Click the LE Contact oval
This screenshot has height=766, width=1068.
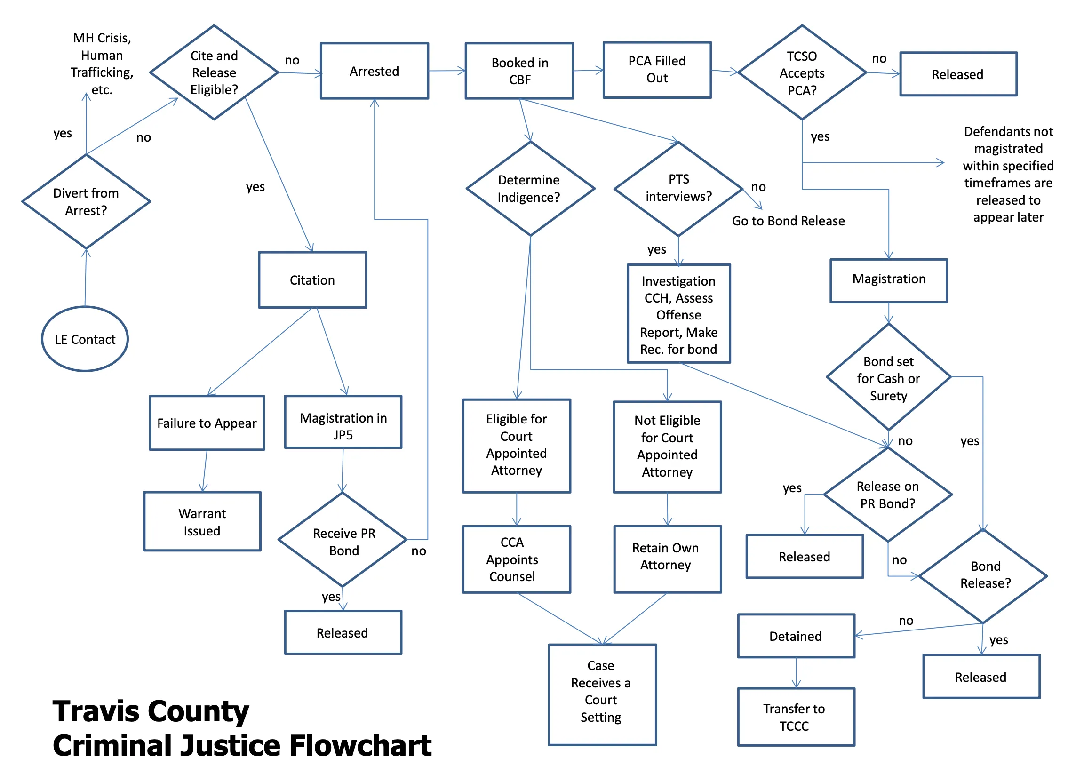pos(85,339)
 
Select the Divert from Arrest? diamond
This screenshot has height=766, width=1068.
pos(86,201)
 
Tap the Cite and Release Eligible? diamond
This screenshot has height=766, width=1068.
pos(214,72)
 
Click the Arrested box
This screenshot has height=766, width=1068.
pos(375,71)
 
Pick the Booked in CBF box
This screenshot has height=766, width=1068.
pos(519,71)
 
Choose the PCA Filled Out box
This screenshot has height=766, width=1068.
pos(657,70)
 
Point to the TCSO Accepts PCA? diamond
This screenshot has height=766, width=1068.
pos(802,73)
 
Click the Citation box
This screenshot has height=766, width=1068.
pos(312,280)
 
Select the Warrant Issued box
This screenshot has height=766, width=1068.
pos(202,522)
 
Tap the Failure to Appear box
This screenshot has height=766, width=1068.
pos(207,423)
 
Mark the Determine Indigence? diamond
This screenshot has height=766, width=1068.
pos(530,188)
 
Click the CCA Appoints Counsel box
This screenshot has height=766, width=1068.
pos(517,559)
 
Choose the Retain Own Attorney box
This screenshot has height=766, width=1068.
pos(667,559)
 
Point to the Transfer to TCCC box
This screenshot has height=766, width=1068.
pos(796,717)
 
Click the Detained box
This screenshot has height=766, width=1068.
pos(796,636)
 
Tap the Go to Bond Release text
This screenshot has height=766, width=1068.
pos(788,221)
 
